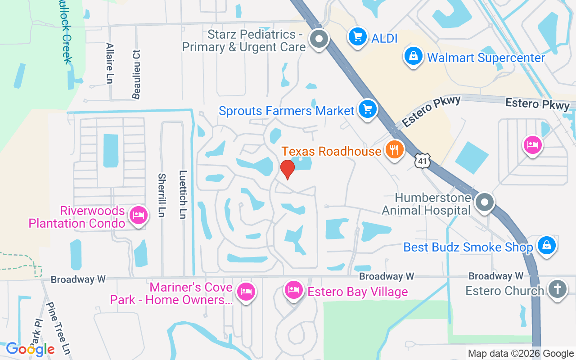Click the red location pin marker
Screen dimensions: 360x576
coord(287,169)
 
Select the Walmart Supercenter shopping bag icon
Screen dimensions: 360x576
coord(413,57)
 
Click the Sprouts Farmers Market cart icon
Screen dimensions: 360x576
coord(368,109)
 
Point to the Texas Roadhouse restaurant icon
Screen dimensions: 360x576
coord(395,150)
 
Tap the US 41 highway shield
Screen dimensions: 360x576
coord(423,161)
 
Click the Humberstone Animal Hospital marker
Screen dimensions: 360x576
coord(485,202)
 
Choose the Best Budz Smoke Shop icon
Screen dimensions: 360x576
coord(546,245)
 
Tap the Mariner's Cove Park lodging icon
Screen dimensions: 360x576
coord(246,291)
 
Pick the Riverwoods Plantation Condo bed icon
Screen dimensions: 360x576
coord(138,216)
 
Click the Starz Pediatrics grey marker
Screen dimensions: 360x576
coord(319,39)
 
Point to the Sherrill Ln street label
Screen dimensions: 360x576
coord(162,195)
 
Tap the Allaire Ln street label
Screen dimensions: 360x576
coord(109,63)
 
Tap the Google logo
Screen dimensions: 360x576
coord(30,349)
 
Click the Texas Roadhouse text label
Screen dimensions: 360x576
coord(331,151)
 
